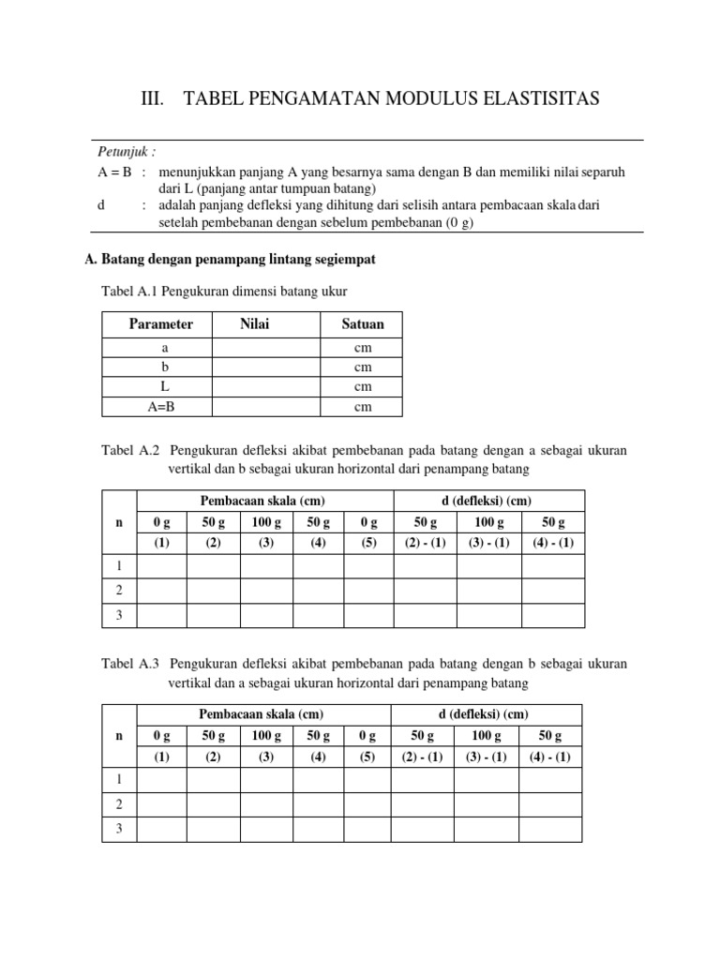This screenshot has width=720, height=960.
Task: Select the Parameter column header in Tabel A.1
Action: click(x=161, y=324)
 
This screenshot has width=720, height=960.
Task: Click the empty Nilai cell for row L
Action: click(x=266, y=386)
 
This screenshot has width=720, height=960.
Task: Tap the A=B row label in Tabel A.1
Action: click(x=157, y=406)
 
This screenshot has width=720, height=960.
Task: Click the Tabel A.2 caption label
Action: click(x=130, y=451)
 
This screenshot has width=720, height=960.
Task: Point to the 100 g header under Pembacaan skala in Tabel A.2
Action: click(x=266, y=522)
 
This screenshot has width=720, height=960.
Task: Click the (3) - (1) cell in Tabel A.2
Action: click(x=487, y=543)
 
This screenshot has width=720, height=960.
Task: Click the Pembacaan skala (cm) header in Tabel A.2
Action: click(x=265, y=501)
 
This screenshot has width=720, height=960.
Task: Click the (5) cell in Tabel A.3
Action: click(x=368, y=757)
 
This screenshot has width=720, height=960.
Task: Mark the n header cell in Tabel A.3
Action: click(x=119, y=736)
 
